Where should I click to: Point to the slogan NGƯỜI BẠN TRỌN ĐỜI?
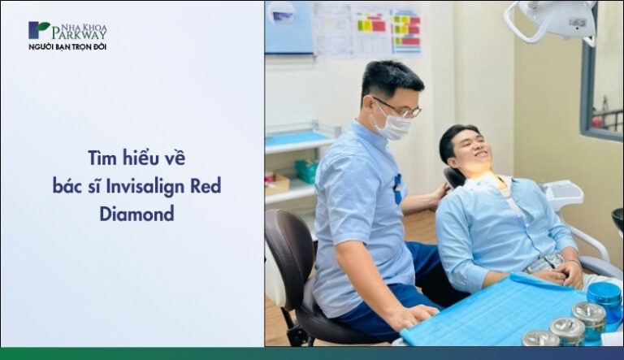67,46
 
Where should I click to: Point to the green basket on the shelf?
307,170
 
